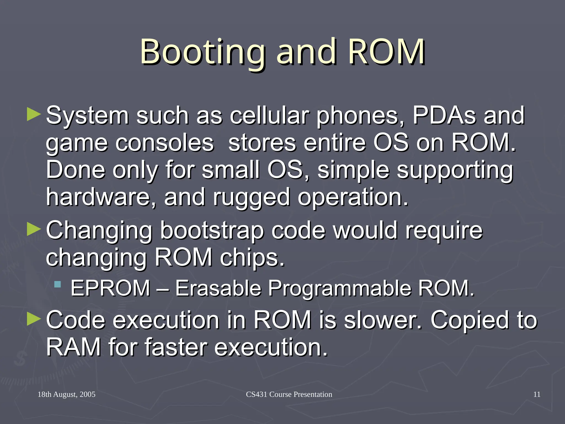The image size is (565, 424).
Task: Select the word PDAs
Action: click(444, 116)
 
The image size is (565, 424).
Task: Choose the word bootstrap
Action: click(212, 230)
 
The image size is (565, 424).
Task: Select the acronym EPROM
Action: click(110, 288)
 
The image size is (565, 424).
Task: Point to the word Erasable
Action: click(218, 288)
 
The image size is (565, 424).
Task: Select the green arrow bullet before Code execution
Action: click(34, 319)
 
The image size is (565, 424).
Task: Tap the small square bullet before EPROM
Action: click(57, 284)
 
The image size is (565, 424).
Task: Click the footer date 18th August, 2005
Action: click(66, 394)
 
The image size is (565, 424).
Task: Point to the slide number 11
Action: click(537, 394)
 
